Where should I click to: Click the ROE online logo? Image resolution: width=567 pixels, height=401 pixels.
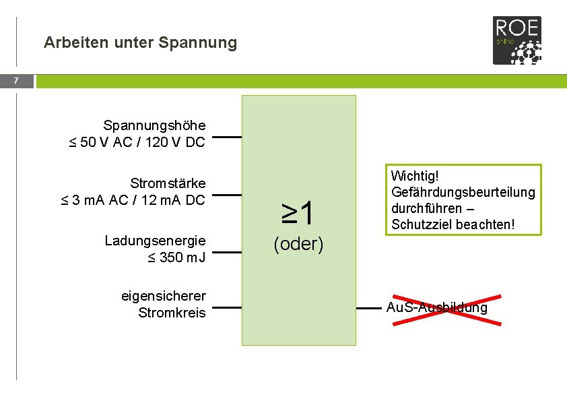tap(516, 40)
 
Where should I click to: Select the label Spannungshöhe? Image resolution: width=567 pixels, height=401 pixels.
tap(154, 125)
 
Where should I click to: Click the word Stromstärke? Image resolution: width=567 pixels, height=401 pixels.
tap(168, 183)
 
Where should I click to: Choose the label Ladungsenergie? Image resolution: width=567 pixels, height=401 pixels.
tap(155, 241)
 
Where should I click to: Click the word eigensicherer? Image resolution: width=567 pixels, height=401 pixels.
tap(163, 296)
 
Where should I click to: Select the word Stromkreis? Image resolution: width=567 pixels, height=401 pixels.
tap(172, 313)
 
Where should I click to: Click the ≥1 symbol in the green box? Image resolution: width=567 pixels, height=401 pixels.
tap(298, 214)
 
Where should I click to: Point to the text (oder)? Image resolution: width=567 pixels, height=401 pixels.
tap(298, 244)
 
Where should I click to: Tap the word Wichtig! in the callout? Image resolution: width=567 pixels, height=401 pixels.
tap(415, 176)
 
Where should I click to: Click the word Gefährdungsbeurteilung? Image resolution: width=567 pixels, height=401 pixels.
tap(463, 192)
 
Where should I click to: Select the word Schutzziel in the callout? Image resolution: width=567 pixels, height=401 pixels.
tap(418, 224)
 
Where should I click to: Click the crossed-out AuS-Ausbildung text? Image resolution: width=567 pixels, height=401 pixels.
tap(436, 308)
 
